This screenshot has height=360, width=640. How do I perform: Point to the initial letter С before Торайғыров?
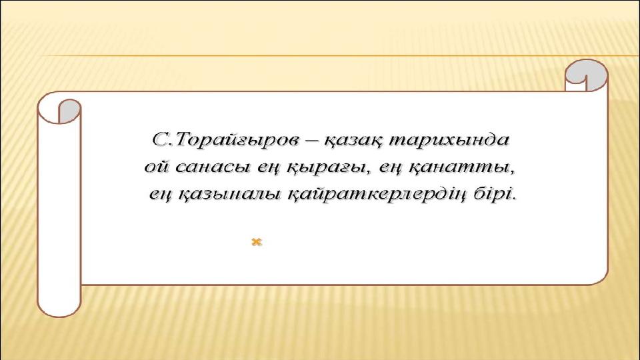[x=159, y=139]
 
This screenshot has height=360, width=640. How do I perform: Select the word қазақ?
[x=354, y=141]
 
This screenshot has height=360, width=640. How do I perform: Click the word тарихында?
[x=449, y=140]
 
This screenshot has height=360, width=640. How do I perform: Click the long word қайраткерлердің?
[x=377, y=194]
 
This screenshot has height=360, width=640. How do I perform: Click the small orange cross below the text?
[x=256, y=242]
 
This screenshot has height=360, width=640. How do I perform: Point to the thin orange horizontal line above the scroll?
[x=339, y=55]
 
